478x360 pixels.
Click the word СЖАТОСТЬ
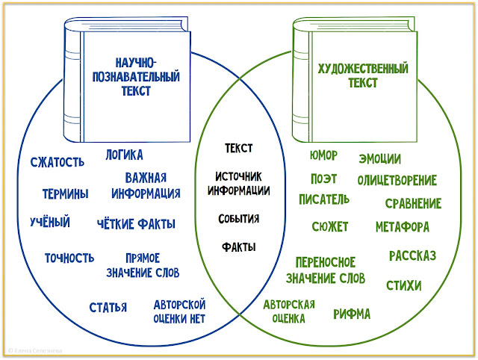(57, 162)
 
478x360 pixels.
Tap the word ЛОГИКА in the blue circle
(124, 155)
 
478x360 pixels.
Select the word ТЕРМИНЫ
(65, 193)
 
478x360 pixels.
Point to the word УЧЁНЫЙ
(50, 222)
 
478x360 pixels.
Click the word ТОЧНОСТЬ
(69, 258)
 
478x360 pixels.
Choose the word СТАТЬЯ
(108, 307)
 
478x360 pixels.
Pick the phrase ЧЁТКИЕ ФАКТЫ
(137, 223)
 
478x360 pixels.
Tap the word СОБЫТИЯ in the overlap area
(239, 219)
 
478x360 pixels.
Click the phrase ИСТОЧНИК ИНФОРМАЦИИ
(238, 183)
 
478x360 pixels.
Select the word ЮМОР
(323, 155)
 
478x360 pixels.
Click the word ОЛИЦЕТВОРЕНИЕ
(397, 180)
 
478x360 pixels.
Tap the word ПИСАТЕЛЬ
(323, 199)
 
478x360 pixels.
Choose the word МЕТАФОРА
(402, 226)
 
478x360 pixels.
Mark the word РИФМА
(352, 314)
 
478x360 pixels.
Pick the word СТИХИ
(403, 285)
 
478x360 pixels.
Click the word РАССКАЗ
(412, 256)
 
